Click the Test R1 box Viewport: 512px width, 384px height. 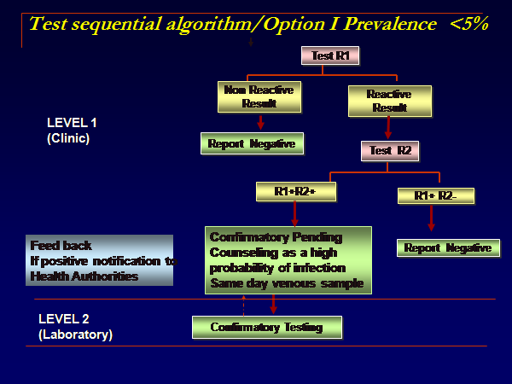point(324,56)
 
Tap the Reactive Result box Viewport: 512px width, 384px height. point(389,100)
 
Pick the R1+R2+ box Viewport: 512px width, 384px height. point(295,192)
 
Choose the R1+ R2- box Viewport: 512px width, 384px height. point(435,196)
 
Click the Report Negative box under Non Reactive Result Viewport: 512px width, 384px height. point(253,143)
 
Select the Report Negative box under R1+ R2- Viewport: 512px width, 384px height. point(448,247)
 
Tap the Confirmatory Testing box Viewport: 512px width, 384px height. point(267,327)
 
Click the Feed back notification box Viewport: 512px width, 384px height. point(101,260)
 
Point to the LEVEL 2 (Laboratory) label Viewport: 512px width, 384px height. point(75,327)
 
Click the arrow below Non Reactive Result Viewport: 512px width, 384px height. point(261,122)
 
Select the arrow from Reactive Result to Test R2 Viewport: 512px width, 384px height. point(388,127)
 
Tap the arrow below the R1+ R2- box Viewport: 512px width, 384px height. point(431,218)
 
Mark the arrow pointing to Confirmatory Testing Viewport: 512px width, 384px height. point(273,305)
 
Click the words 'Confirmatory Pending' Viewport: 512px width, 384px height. point(276,236)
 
